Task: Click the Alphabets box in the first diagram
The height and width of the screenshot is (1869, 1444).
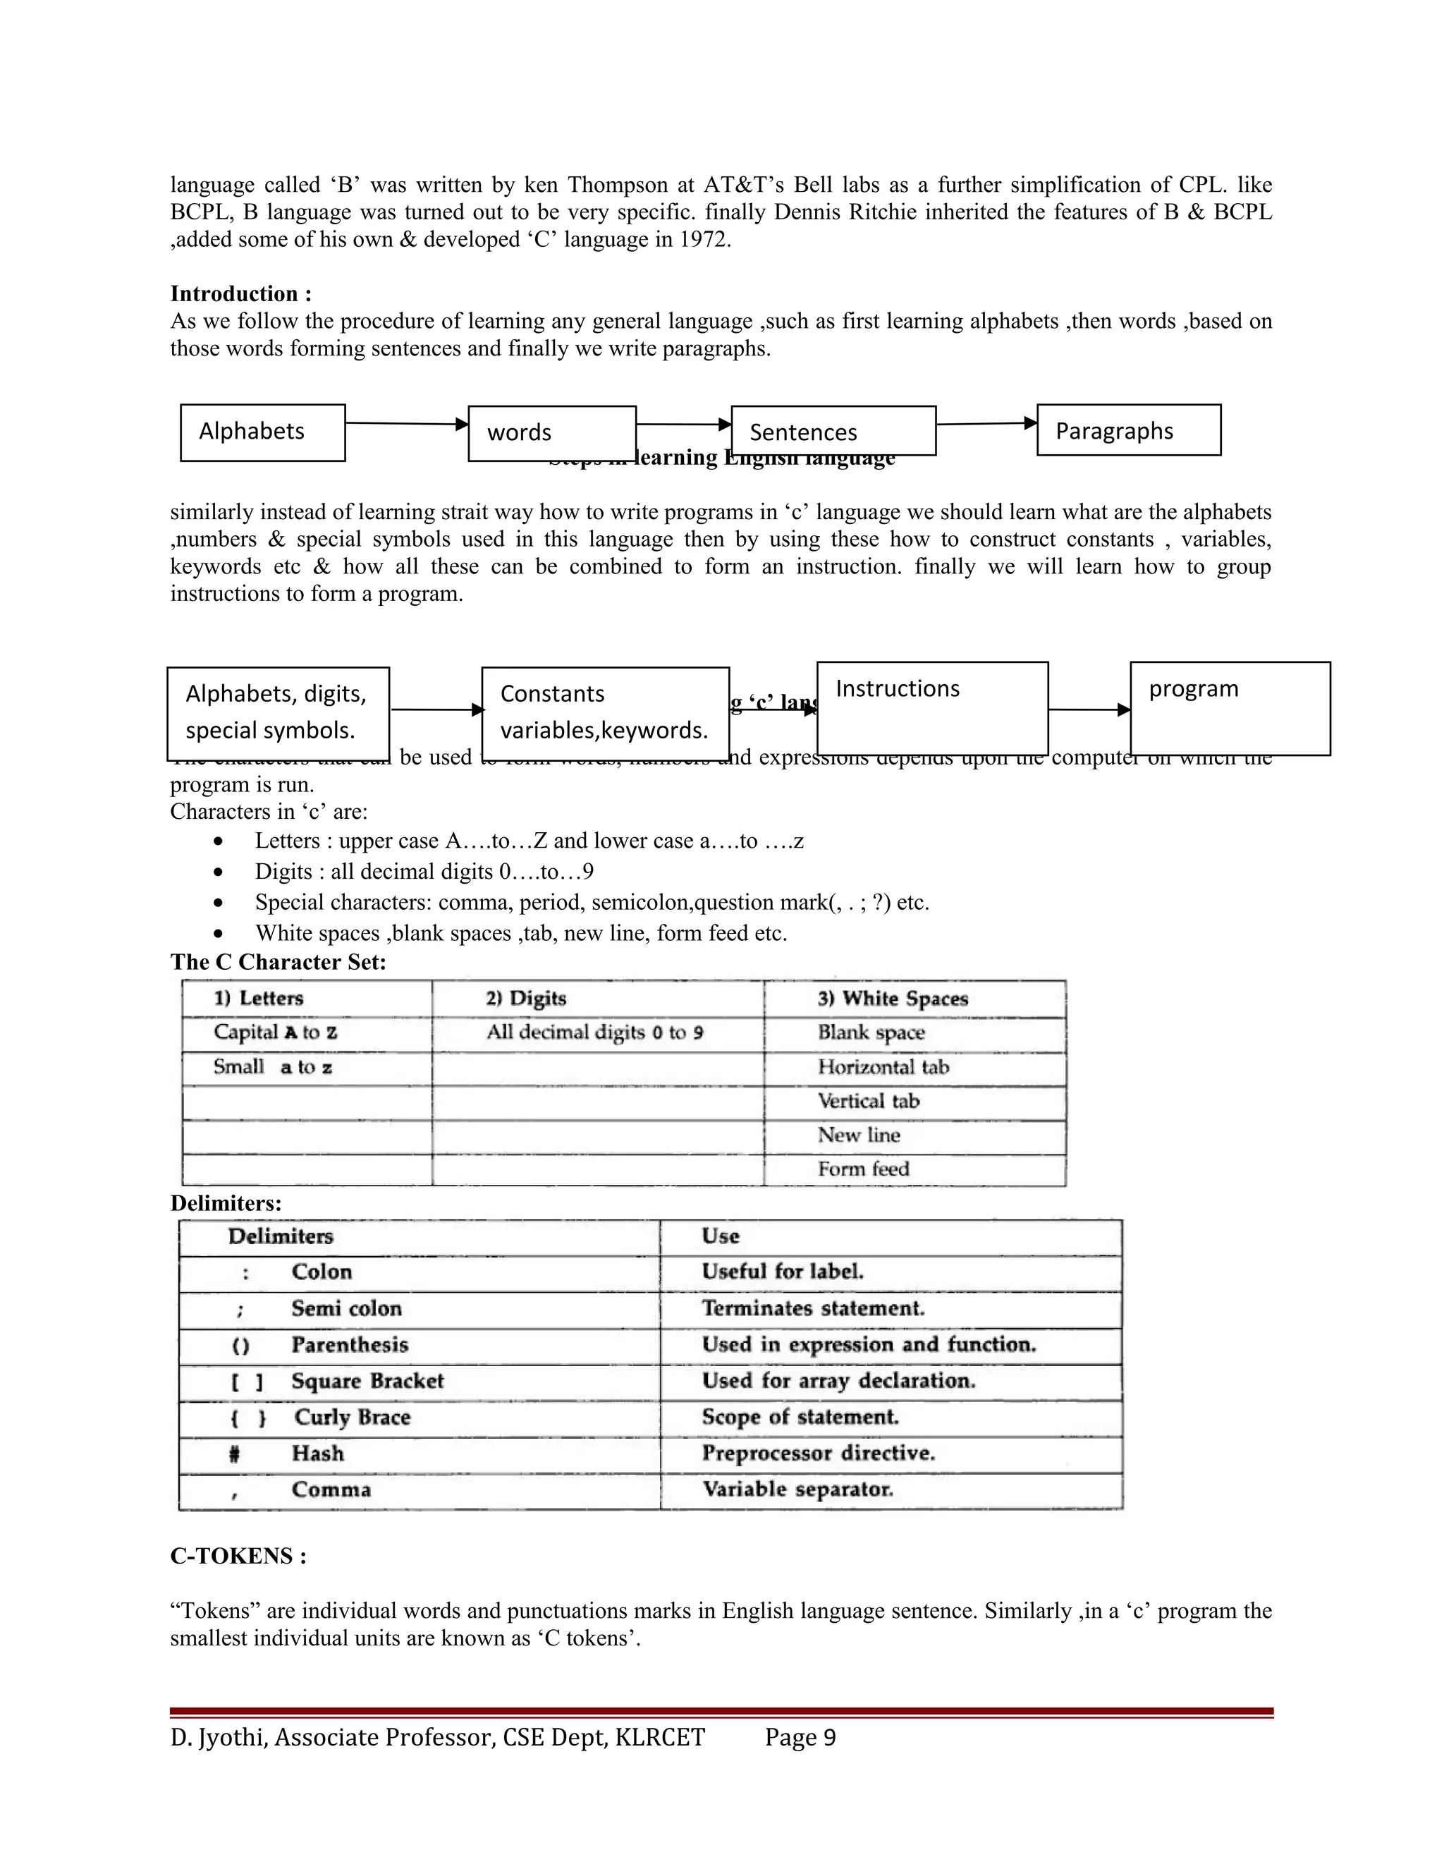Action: coord(262,432)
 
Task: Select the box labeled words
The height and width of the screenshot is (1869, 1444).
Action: coord(552,433)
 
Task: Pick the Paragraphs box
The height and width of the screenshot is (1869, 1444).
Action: coord(1128,430)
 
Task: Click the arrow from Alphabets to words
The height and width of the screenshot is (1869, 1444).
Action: coord(406,424)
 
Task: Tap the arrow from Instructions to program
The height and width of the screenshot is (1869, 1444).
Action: coord(1089,710)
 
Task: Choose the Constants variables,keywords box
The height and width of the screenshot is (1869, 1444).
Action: coord(605,713)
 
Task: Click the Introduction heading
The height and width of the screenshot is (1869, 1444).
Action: coord(241,293)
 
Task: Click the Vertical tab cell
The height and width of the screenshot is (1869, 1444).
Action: coord(868,1102)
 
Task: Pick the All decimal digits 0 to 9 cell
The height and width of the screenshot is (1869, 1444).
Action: coord(595,1033)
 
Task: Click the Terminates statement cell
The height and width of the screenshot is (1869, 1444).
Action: coord(813,1308)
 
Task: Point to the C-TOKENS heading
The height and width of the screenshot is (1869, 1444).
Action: coord(238,1556)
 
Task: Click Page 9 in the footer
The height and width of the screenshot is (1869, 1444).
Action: coord(800,1738)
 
